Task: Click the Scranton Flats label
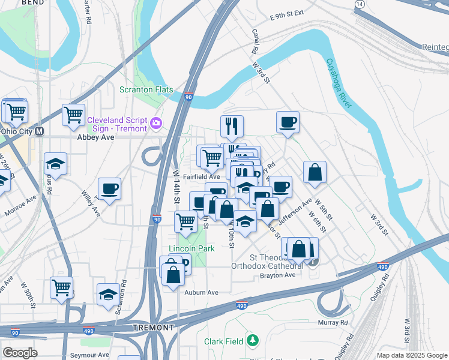(x=146, y=90)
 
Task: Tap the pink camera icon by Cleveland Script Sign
(x=156, y=124)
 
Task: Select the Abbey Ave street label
(x=95, y=137)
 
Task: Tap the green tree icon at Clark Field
(x=253, y=341)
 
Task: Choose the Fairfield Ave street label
(x=202, y=177)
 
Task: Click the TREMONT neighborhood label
(x=153, y=328)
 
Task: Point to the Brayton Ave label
(x=277, y=275)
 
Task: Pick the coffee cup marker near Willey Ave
(x=109, y=189)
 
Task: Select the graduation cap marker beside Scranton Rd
(x=108, y=295)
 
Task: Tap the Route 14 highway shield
(x=359, y=4)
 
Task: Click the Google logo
(x=20, y=352)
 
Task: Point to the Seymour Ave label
(x=89, y=355)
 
